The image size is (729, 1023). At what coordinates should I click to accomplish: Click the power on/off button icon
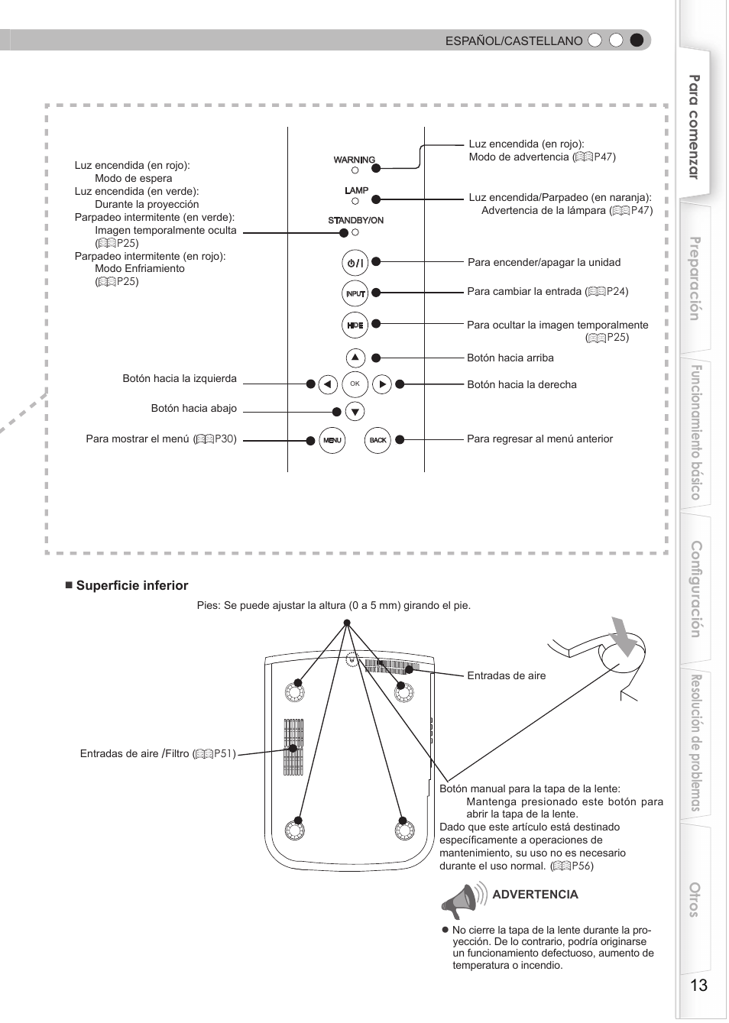[x=355, y=263]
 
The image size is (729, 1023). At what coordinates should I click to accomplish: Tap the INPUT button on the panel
[x=355, y=293]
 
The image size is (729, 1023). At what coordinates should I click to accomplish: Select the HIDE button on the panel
[x=355, y=325]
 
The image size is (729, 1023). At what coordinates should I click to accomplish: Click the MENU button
[x=332, y=440]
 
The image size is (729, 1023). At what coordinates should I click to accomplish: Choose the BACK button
[x=378, y=440]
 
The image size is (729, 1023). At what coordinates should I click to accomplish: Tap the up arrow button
[x=355, y=358]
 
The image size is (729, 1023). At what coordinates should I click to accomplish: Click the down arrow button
[x=355, y=412]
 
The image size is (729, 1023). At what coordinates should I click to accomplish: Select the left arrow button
[x=328, y=384]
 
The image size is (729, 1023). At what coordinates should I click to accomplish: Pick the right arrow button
[x=382, y=384]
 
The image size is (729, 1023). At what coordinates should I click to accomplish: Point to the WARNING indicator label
[x=355, y=160]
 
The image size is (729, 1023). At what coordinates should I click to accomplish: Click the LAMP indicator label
[x=356, y=190]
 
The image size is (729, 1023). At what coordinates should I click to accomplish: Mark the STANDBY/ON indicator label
[x=355, y=220]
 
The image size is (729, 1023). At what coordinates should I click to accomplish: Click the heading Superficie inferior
[x=131, y=586]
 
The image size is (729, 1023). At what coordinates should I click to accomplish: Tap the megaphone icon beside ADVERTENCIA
[x=462, y=900]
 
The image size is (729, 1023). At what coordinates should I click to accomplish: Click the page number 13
[x=698, y=985]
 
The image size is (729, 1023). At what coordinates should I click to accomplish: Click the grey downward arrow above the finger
[x=624, y=636]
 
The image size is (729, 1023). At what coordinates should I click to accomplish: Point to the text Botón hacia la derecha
[x=522, y=385]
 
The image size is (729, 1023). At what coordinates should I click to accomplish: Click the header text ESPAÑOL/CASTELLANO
[x=514, y=41]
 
